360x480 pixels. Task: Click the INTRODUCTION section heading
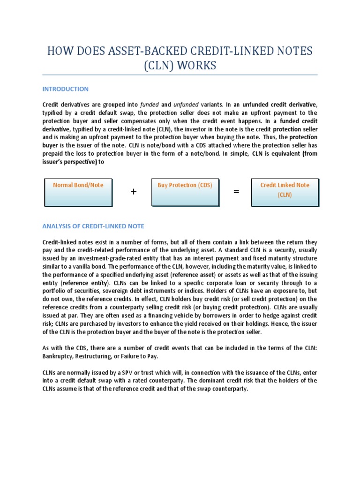pos(65,89)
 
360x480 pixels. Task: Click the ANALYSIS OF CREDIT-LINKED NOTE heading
pos(93,226)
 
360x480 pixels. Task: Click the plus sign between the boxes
pos(134,191)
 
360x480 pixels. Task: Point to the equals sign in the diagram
pos(236,191)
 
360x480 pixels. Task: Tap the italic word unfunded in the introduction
pos(186,105)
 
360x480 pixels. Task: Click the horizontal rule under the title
pos(180,75)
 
